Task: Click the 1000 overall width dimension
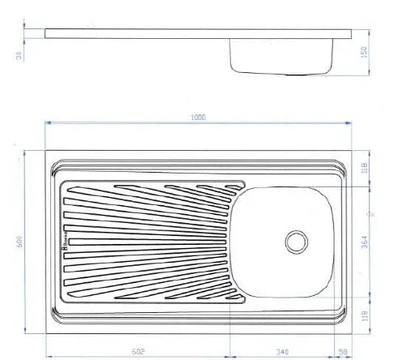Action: point(198,117)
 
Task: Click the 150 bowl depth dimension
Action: point(365,51)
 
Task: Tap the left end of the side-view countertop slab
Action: point(47,35)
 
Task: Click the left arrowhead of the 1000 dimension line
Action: point(47,123)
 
